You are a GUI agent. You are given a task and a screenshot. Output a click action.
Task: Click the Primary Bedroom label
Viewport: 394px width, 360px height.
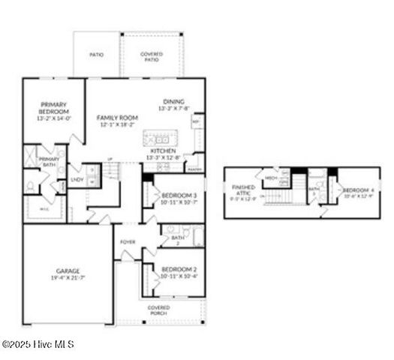pyautogui.click(x=54, y=109)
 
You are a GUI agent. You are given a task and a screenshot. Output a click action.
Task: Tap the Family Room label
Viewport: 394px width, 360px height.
pyautogui.click(x=117, y=118)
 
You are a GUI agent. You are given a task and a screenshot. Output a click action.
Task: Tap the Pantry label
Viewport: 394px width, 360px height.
pyautogui.click(x=194, y=169)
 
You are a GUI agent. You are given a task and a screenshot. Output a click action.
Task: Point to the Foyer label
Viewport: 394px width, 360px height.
pyautogui.click(x=128, y=242)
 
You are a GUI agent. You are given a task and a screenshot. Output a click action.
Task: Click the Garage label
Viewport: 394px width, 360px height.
pyautogui.click(x=68, y=271)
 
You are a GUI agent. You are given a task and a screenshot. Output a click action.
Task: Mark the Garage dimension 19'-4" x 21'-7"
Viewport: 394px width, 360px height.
pyautogui.click(x=68, y=278)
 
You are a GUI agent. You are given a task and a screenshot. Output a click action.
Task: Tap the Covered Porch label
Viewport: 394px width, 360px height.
pyautogui.click(x=159, y=310)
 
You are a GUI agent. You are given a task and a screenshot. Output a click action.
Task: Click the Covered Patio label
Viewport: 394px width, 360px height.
pyautogui.click(x=151, y=56)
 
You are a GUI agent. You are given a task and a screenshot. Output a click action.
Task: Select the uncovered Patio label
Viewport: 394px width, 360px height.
pyautogui.click(x=96, y=55)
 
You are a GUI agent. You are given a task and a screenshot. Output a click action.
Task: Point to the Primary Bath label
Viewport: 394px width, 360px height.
pyautogui.click(x=50, y=161)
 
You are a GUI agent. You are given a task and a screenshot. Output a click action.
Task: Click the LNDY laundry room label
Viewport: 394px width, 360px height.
pyautogui.click(x=77, y=179)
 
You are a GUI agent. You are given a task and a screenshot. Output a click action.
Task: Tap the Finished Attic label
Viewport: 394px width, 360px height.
pyautogui.click(x=244, y=191)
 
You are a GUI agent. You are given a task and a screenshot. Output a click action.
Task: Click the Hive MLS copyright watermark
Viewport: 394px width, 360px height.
pyautogui.click(x=38, y=344)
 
